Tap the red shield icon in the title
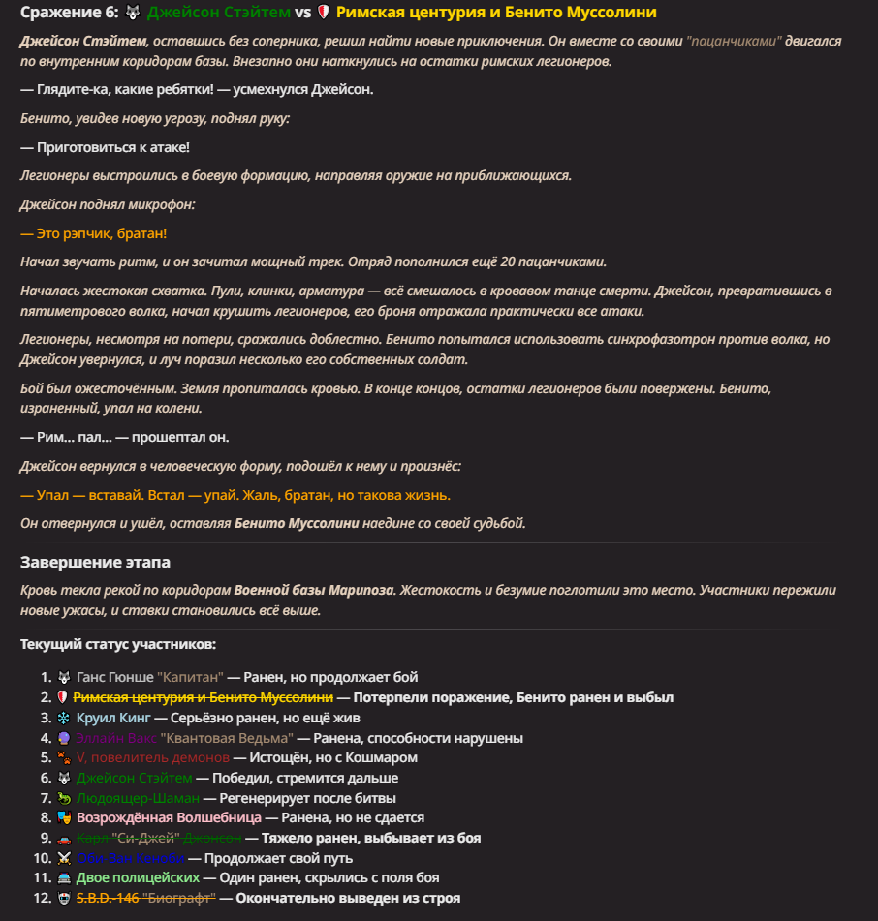[x=324, y=13]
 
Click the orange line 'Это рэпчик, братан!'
[x=93, y=234]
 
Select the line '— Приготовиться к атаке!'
[x=105, y=147]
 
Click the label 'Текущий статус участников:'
[x=118, y=644]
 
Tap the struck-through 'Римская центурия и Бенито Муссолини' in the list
[x=203, y=697]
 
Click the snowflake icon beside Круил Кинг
[x=63, y=718]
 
